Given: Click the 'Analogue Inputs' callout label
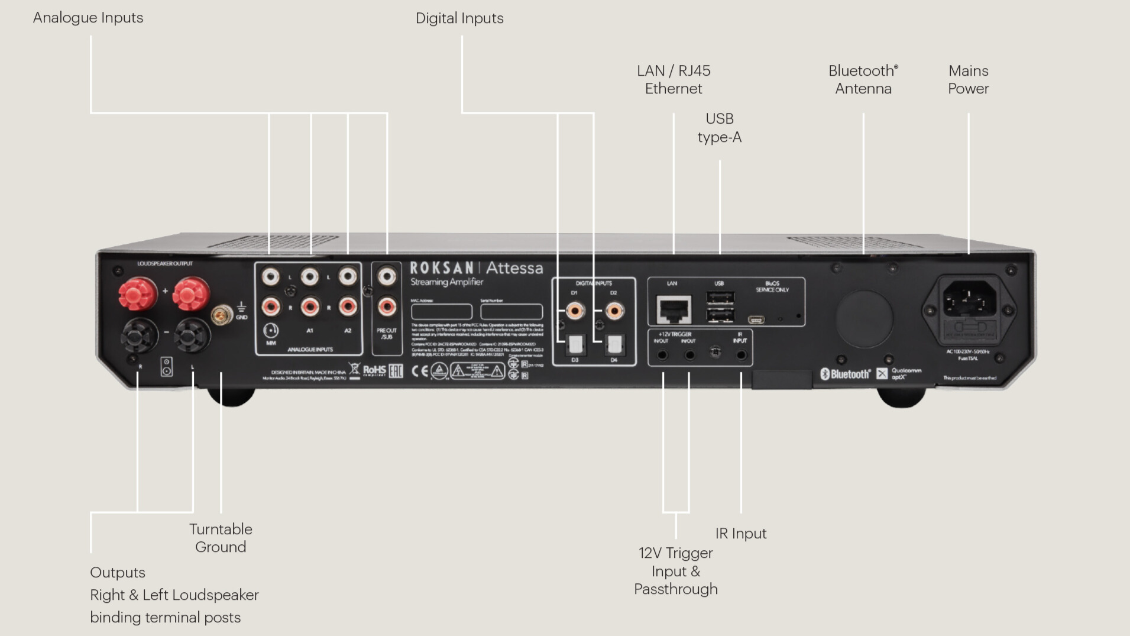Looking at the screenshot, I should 88,18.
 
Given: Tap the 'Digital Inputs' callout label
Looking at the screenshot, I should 459,18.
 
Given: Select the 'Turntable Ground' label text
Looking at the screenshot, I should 221,538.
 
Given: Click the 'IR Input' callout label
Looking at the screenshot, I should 740,534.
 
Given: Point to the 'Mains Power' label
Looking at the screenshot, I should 968,79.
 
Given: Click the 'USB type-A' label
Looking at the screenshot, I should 719,128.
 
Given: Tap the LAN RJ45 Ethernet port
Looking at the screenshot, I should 674,309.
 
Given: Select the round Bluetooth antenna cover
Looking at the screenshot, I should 864,318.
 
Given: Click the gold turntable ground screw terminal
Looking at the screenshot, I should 222,315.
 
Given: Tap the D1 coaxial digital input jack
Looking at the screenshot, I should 575,311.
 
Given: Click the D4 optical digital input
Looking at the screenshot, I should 614,344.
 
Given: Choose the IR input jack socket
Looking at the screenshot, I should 741,355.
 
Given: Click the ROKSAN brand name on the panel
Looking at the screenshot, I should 442,268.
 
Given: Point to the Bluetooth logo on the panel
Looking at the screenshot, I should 845,374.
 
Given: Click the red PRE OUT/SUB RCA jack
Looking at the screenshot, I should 387,306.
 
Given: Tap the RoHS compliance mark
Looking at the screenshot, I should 374,370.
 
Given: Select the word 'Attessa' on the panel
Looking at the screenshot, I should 514,268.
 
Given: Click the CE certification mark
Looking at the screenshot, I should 419,371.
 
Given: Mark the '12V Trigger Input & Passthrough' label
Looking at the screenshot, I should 675,571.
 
